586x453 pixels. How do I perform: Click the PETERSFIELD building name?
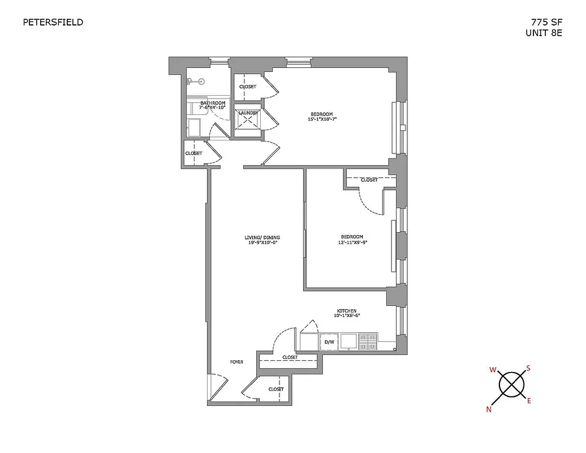click(53, 23)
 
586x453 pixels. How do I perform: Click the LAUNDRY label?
click(248, 113)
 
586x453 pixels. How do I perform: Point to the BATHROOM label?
click(213, 103)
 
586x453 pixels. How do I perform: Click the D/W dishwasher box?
click(329, 342)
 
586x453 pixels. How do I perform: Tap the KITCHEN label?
click(346, 311)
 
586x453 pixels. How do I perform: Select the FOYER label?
click(236, 362)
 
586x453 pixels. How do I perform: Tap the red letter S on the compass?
click(528, 368)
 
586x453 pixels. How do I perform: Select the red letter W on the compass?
click(493, 370)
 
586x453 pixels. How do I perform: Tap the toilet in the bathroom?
click(195, 83)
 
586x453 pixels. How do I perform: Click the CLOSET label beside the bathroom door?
click(193, 153)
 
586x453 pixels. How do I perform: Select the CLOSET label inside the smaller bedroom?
click(369, 180)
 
